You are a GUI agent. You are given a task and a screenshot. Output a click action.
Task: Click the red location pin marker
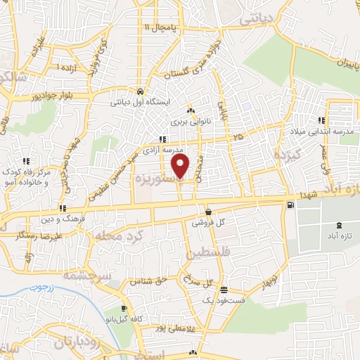tap(181, 166)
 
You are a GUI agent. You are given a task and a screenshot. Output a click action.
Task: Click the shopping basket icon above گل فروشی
tap(208, 212)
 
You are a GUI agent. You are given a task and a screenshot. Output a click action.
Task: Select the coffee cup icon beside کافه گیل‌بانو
tap(124, 309)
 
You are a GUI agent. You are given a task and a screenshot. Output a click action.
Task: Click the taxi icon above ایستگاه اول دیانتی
tap(141, 91)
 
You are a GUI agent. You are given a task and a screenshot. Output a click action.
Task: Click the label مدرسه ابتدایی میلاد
tap(321, 131)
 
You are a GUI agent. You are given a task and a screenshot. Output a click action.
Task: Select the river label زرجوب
tap(41, 287)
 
